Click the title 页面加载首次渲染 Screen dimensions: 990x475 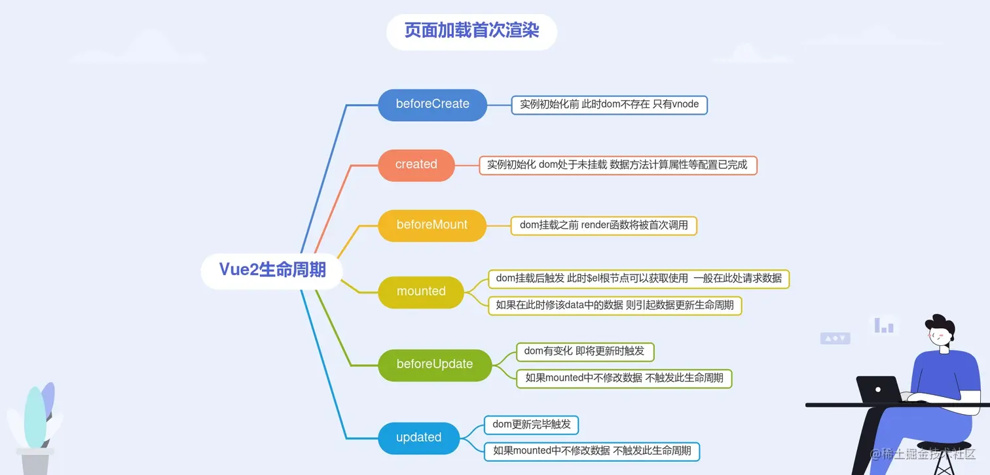pos(471,31)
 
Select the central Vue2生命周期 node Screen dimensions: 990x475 pos(272,270)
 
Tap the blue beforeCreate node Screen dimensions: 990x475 pos(432,105)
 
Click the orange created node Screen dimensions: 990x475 pos(416,165)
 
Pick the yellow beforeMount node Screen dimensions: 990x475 pos(431,225)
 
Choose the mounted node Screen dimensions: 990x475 pos(421,292)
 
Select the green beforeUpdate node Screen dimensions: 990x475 pos(435,365)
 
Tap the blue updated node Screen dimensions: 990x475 pos(418,438)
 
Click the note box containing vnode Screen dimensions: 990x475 pos(609,105)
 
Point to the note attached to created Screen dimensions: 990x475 pos(618,165)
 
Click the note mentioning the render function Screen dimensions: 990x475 pos(604,225)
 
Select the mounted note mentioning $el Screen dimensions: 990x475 pos(638,278)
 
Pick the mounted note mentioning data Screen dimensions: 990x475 pos(615,305)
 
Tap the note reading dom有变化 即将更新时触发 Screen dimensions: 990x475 pos(585,352)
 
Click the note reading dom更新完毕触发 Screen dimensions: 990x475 pos(531,425)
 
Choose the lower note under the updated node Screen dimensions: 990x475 pos(592,451)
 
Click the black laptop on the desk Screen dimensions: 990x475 pos(878,389)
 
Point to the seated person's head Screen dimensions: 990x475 pos(940,331)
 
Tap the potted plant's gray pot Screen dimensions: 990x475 pos(35,462)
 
